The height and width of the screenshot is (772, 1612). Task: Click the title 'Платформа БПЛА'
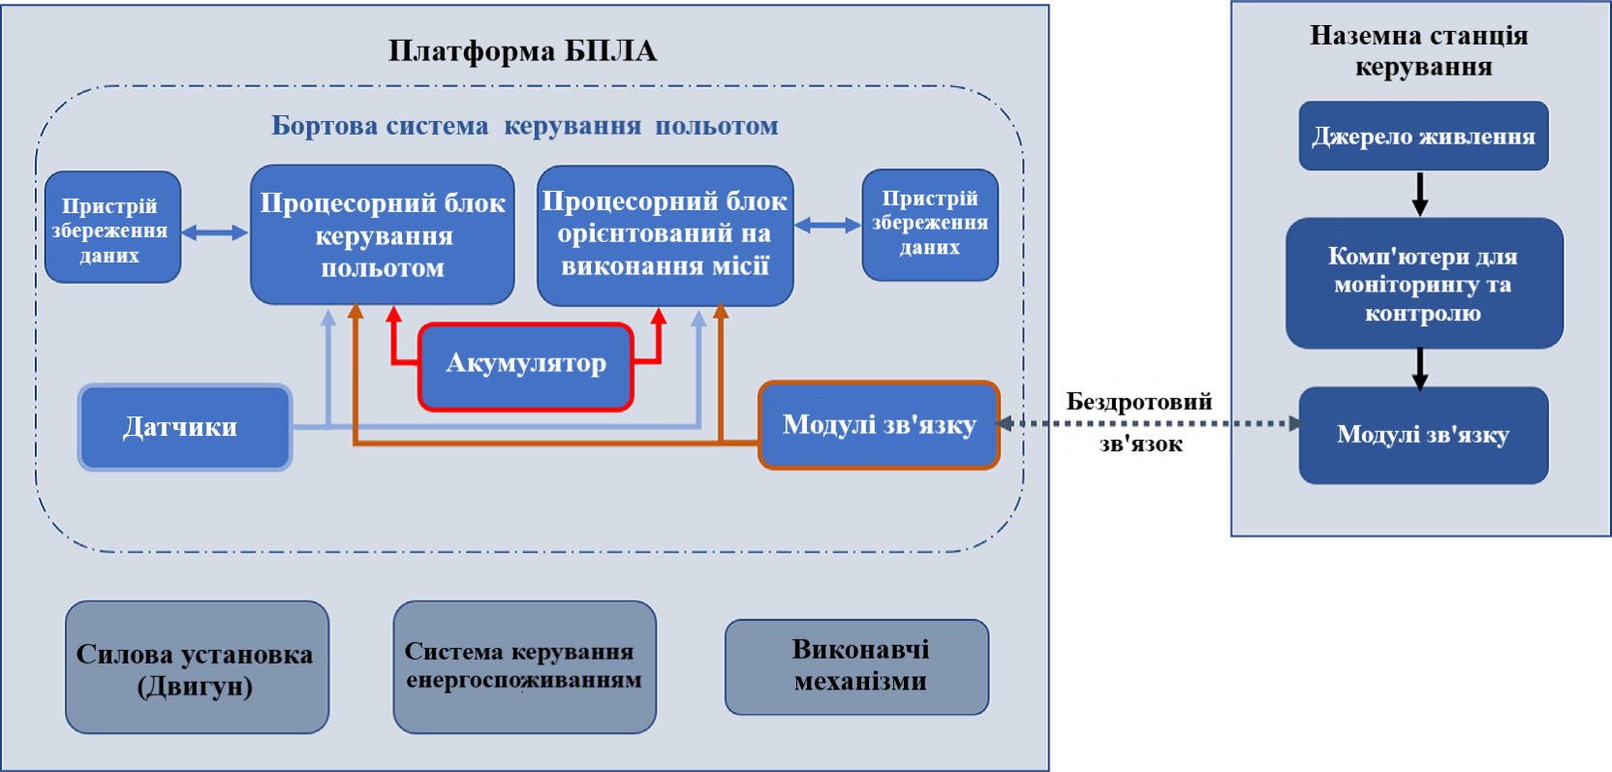click(x=522, y=50)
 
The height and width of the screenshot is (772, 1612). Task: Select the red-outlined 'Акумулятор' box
click(x=526, y=365)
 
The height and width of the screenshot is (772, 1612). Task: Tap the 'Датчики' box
click(x=184, y=427)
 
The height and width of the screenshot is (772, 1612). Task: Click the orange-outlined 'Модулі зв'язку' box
click(x=879, y=425)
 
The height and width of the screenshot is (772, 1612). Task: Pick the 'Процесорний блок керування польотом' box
click(x=382, y=234)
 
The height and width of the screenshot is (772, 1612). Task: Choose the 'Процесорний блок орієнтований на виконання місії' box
click(x=665, y=234)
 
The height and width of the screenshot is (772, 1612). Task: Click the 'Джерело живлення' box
click(x=1423, y=137)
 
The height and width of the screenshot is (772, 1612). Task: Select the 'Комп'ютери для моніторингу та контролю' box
click(x=1423, y=284)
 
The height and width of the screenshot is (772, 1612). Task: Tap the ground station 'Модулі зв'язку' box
click(x=1423, y=435)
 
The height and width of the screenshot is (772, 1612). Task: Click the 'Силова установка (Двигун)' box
click(x=197, y=668)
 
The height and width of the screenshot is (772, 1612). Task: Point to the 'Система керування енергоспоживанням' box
click(x=524, y=666)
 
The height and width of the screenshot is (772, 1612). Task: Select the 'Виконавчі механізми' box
click(x=857, y=666)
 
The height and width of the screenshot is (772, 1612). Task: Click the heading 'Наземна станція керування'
click(x=1420, y=50)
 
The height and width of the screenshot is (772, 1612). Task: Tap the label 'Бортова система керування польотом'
click(x=524, y=126)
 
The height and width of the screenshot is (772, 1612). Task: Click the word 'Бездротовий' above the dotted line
click(x=1138, y=401)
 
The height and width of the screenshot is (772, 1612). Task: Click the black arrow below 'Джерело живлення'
click(x=1420, y=194)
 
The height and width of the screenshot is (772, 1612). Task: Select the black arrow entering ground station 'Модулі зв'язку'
click(x=1420, y=368)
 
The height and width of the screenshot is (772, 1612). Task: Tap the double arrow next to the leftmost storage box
click(x=215, y=232)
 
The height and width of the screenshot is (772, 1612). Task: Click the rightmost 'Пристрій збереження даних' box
click(x=929, y=224)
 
